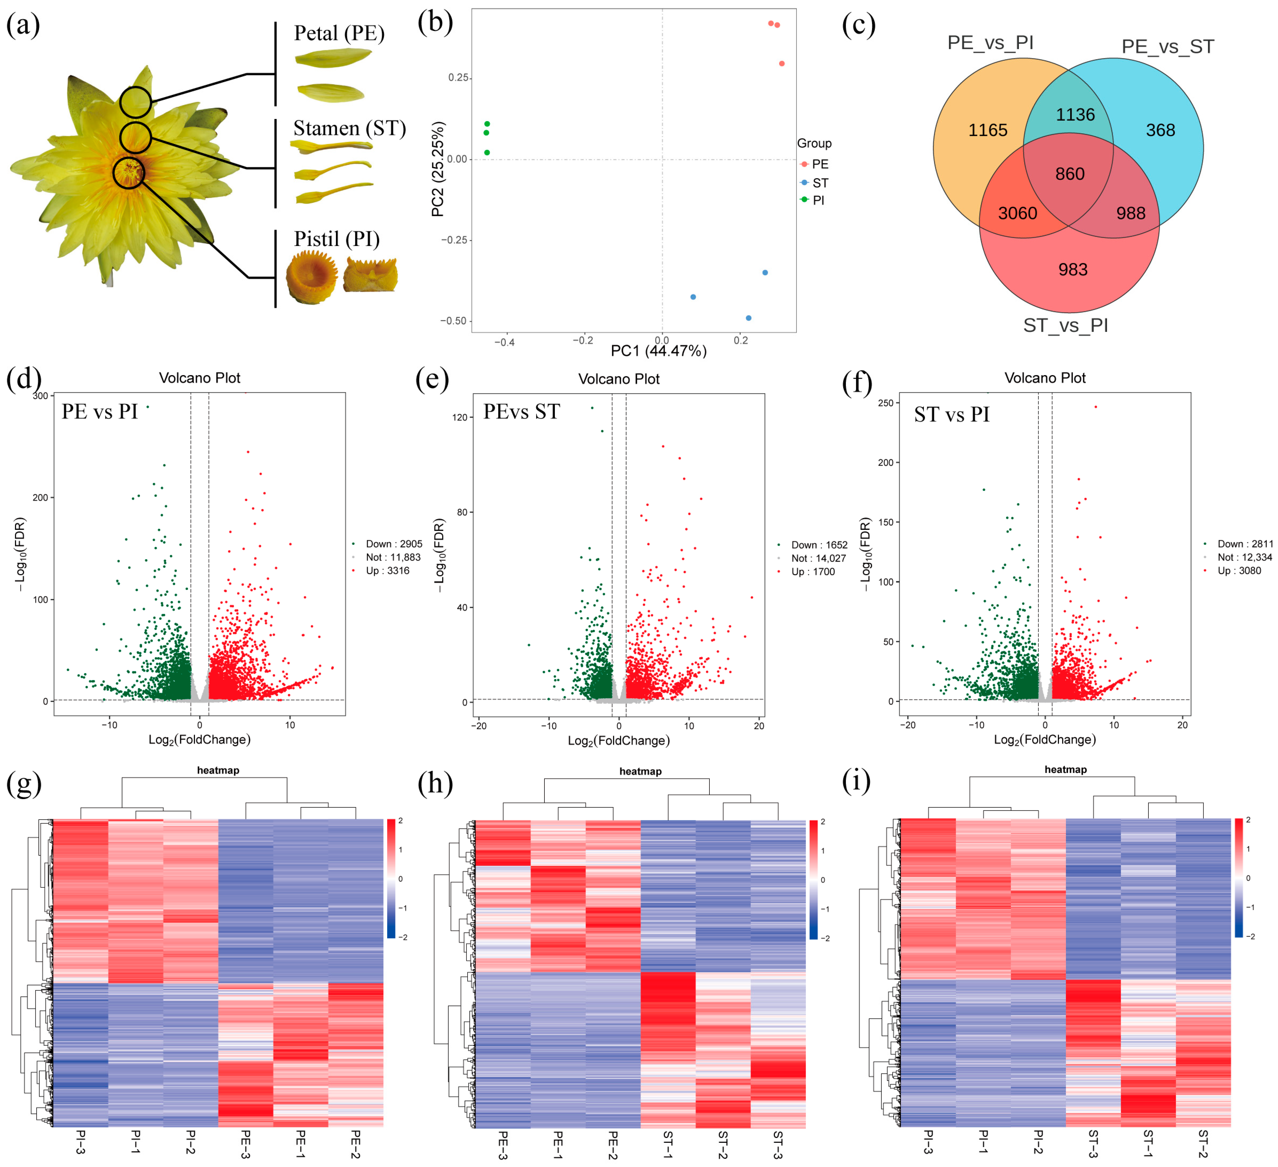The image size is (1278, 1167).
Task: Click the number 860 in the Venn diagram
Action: click(1070, 174)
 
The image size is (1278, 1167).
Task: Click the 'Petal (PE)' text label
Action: click(339, 33)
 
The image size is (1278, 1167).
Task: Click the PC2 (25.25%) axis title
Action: click(438, 169)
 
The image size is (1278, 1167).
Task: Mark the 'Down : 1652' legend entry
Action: click(818, 545)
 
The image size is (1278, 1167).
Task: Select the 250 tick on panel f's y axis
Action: click(885, 403)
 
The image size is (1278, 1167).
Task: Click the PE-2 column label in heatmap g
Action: click(356, 1144)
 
